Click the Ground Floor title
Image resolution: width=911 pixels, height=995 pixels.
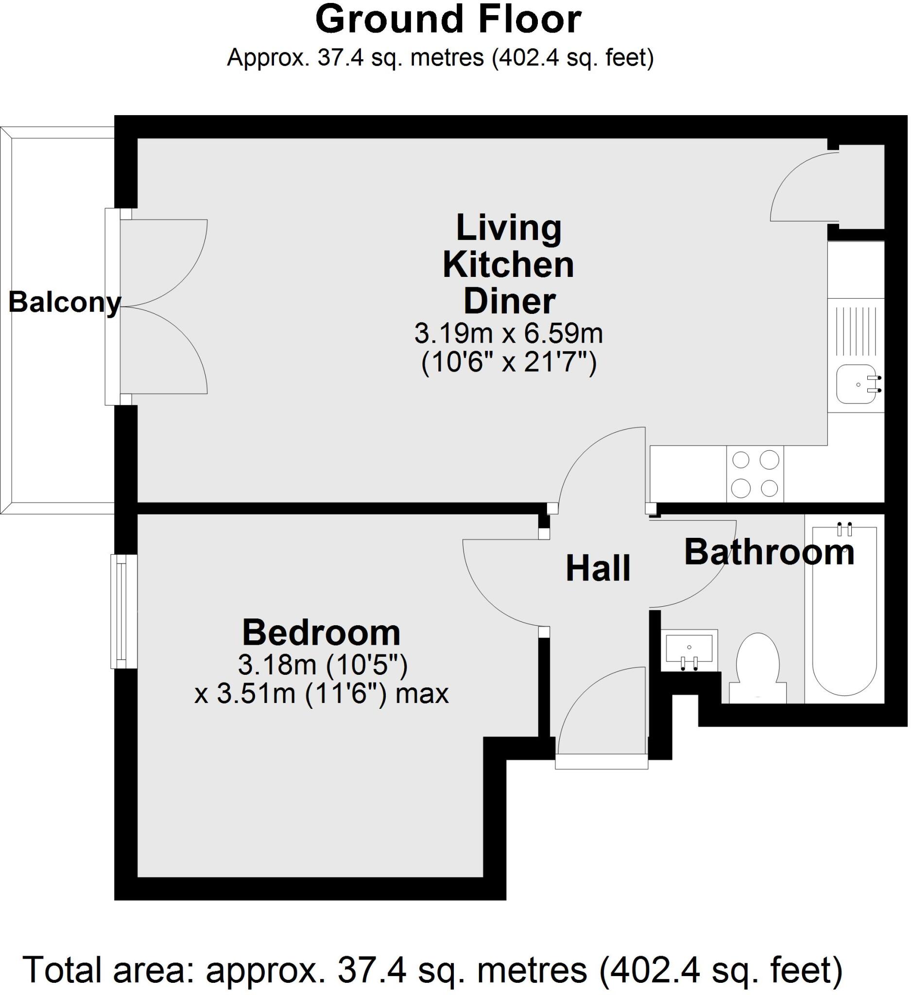click(x=448, y=20)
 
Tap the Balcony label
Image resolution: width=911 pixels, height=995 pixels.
click(x=64, y=302)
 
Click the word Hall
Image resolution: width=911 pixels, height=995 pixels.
click(x=598, y=568)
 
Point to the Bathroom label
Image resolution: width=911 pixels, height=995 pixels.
click(x=769, y=552)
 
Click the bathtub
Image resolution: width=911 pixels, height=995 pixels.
click(x=844, y=612)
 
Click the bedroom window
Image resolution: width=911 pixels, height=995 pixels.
click(x=123, y=612)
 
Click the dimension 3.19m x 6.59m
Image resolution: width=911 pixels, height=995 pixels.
click(x=508, y=334)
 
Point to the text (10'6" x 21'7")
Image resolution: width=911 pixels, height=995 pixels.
click(x=509, y=364)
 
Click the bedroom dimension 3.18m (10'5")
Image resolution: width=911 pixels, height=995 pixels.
click(x=323, y=665)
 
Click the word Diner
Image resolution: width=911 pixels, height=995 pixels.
click(x=509, y=302)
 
